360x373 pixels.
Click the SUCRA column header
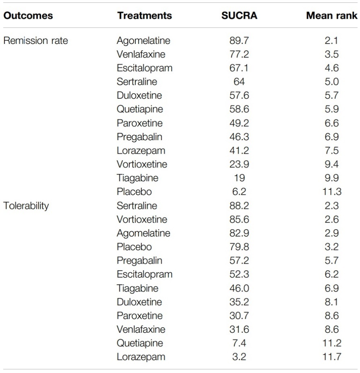239,15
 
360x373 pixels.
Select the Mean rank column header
332,15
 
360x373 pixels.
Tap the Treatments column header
144,15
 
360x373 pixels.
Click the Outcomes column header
28,15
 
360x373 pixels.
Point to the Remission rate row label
36,41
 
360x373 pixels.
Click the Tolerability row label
26,206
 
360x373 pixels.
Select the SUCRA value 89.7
239,41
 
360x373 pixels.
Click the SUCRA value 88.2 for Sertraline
239,206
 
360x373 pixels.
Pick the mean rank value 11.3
332,191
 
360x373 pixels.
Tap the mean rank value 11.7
332,357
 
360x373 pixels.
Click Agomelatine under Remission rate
143,41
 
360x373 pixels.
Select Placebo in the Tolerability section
134,247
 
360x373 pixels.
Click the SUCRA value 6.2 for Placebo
239,191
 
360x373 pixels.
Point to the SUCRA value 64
239,82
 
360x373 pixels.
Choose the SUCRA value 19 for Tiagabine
239,178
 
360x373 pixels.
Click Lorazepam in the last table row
141,357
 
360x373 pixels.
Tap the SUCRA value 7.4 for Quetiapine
239,343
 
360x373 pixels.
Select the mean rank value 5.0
332,82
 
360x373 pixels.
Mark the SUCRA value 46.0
239,288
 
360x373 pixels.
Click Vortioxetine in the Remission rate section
142,164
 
